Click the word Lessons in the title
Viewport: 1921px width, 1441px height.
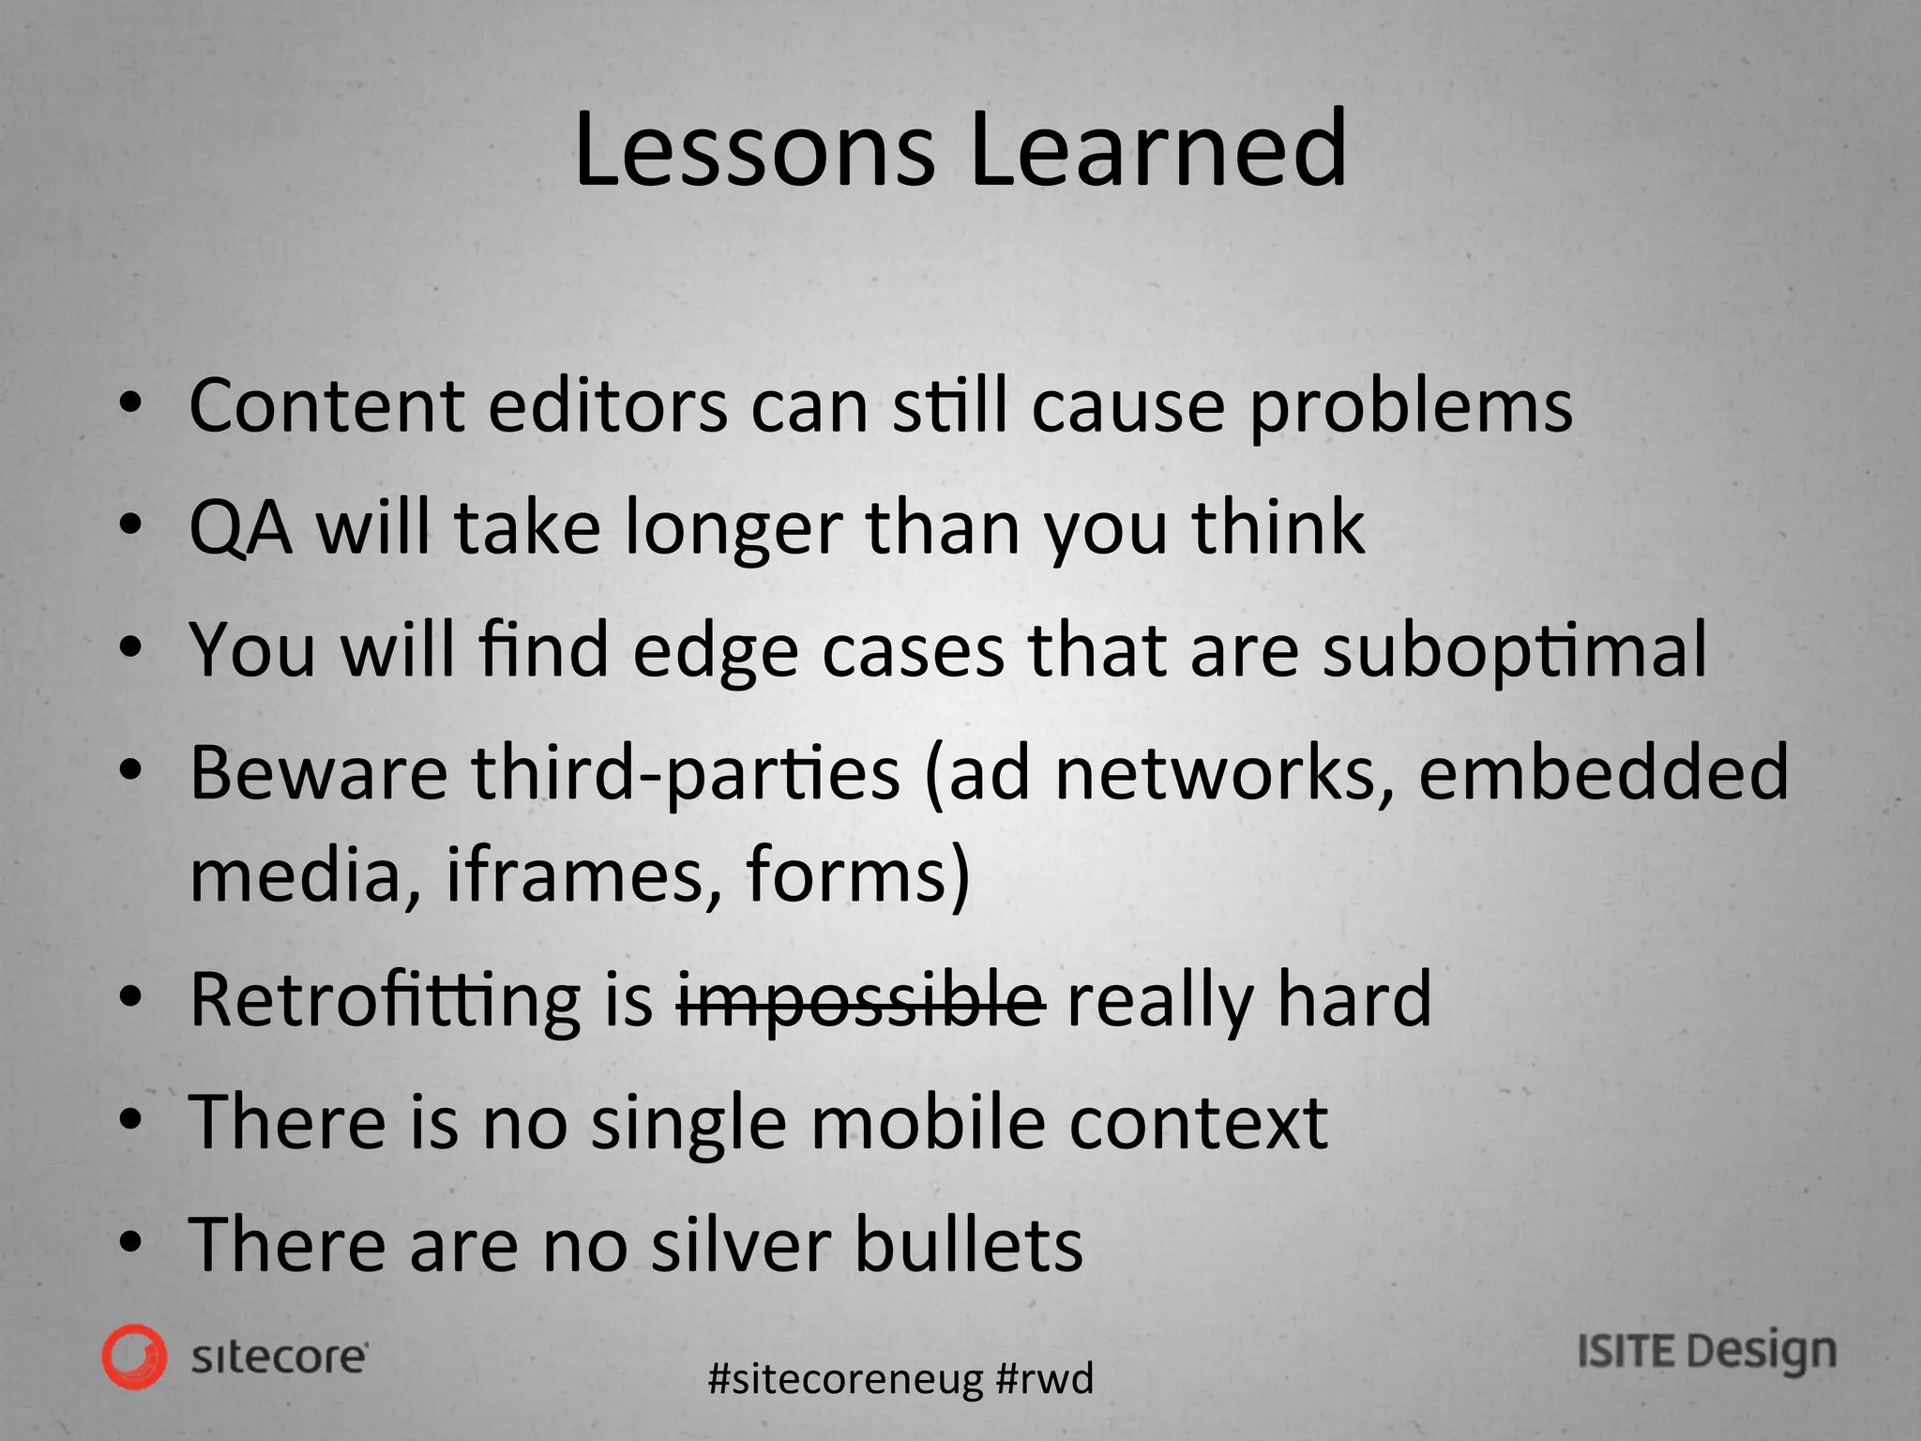(754, 150)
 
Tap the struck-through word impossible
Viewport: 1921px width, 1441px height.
(861, 1001)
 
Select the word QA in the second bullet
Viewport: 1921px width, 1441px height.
(240, 528)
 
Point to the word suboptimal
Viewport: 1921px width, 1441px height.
(1514, 652)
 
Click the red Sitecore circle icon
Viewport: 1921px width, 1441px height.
(135, 1357)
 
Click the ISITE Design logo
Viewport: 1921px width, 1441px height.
(1706, 1352)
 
